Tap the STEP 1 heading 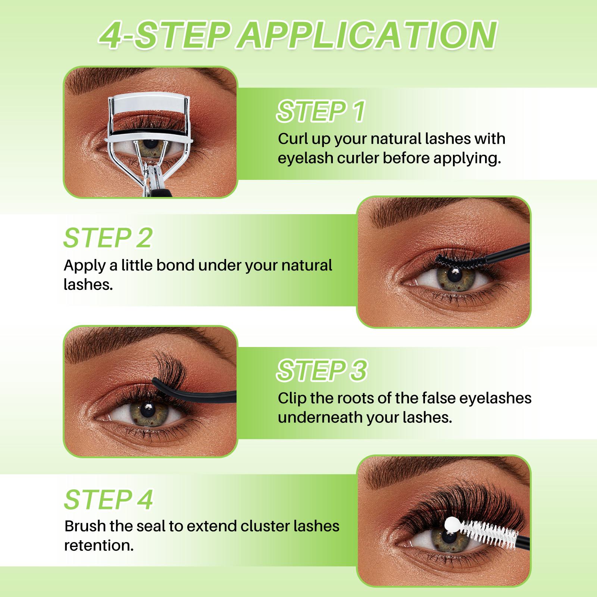[x=320, y=111]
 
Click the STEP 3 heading [x=322, y=370]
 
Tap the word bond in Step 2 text [x=175, y=265]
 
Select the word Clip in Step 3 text [x=292, y=398]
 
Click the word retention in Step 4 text [x=99, y=546]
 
